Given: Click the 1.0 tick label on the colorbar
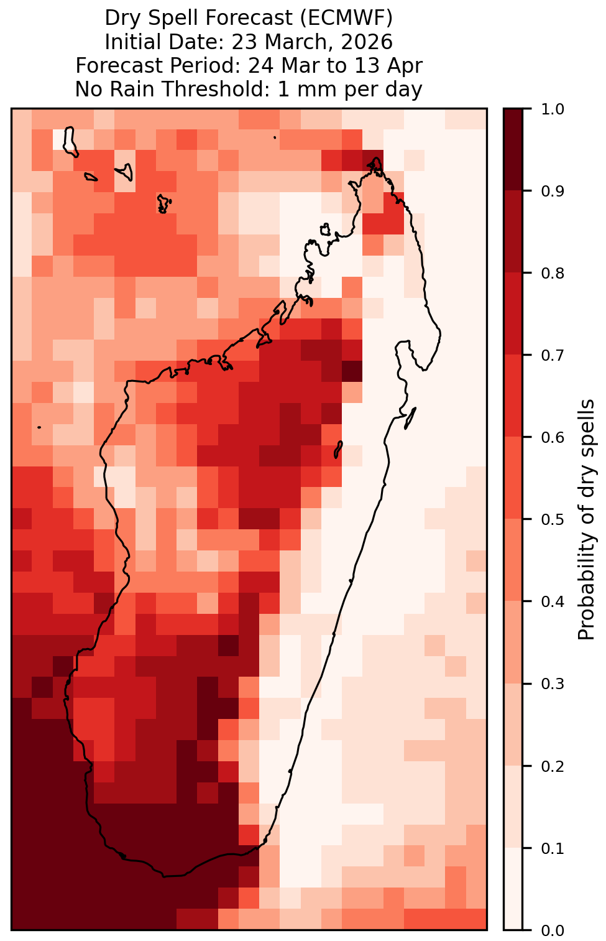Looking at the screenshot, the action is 553,109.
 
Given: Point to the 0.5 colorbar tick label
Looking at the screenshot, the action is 553,520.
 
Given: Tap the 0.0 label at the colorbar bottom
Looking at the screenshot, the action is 553,930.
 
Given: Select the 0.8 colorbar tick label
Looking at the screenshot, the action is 553,274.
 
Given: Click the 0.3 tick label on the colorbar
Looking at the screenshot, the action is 553,684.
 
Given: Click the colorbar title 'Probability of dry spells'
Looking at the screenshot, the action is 586,519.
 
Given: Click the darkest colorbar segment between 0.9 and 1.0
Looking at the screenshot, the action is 513,150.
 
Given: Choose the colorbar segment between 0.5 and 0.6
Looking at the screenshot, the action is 513,478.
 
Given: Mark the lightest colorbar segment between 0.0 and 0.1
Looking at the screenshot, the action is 513,889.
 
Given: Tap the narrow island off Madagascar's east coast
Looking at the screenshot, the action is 410,419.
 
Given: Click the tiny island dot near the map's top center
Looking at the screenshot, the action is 275,137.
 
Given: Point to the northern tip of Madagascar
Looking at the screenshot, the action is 377,159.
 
